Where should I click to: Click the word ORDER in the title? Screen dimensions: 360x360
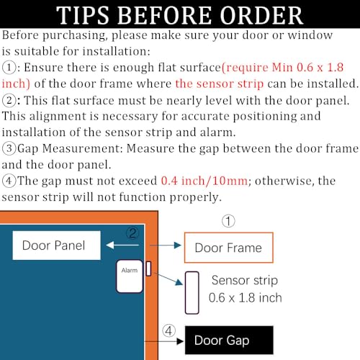(x=261, y=15)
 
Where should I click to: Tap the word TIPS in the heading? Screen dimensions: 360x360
(x=83, y=15)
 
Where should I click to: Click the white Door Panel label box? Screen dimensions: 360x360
(x=56, y=246)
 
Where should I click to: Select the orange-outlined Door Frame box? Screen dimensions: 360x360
(x=228, y=248)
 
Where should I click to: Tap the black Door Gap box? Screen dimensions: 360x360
(x=229, y=340)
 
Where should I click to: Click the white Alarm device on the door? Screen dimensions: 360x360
(x=130, y=276)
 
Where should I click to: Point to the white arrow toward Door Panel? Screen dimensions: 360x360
(x=122, y=245)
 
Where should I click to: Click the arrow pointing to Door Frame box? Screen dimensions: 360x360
(x=165, y=246)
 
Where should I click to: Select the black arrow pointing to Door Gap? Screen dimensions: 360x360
(x=164, y=341)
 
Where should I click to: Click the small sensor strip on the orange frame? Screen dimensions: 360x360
(x=148, y=269)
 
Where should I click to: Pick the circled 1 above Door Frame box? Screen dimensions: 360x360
(x=228, y=221)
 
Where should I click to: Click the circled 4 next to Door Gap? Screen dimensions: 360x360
(x=168, y=331)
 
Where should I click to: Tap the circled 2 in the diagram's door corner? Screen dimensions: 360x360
(x=132, y=233)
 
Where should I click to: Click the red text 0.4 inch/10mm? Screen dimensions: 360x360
(x=204, y=181)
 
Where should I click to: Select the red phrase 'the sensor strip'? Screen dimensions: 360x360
(x=220, y=84)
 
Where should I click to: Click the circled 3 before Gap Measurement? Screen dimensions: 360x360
(x=9, y=148)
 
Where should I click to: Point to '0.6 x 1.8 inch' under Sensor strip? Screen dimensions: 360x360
(x=245, y=298)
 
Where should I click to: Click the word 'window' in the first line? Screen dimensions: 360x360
(x=310, y=35)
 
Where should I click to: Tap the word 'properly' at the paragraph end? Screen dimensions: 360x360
(x=194, y=197)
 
